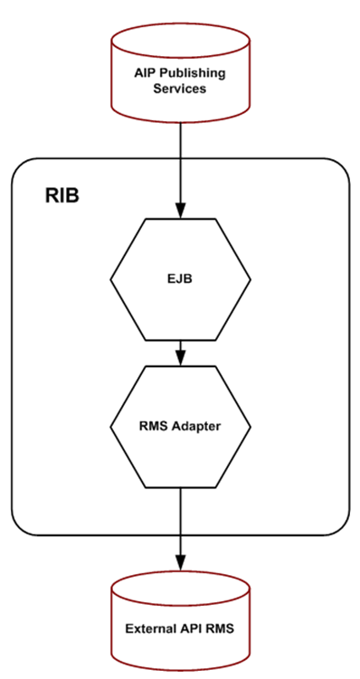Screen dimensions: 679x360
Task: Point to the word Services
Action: point(181,88)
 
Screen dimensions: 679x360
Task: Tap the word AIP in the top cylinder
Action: point(148,71)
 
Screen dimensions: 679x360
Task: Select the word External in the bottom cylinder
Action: point(148,629)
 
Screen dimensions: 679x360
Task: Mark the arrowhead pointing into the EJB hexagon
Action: point(181,212)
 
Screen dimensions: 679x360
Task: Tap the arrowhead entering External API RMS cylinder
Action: point(181,562)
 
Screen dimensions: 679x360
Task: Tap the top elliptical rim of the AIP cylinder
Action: point(180,37)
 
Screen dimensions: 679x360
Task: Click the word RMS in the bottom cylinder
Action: point(221,629)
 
